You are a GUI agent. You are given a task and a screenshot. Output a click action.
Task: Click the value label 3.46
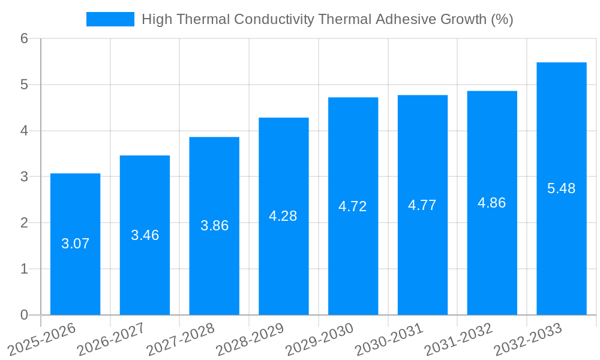pos(145,235)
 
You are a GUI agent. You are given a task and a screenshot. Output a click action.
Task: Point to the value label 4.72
pos(353,206)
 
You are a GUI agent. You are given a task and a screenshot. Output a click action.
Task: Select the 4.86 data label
pos(491,203)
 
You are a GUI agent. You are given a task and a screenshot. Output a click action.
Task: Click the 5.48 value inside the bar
pos(561,188)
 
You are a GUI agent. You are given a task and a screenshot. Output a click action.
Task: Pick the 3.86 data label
pos(214,226)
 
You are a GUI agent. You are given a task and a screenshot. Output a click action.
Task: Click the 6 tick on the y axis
pos(24,38)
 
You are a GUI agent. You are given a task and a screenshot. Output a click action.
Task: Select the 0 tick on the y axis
pos(24,315)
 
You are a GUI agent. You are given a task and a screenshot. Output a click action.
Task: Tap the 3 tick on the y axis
pos(24,177)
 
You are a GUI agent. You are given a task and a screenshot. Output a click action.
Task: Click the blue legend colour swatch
pos(110,19)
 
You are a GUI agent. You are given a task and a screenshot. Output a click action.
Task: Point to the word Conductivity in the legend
pos(274,19)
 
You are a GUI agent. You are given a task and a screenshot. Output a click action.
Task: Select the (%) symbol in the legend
pos(502,19)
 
